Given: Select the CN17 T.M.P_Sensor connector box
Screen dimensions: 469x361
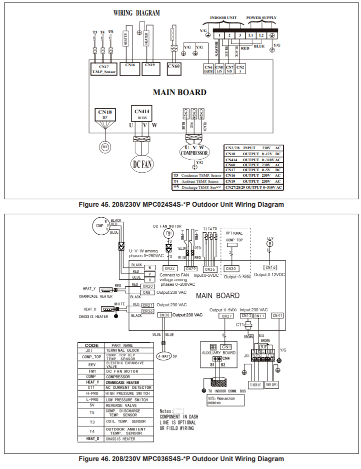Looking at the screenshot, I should click(103, 69).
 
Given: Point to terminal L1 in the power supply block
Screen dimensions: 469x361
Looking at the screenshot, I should click(250, 35).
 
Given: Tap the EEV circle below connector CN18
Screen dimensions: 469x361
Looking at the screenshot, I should click(105, 147).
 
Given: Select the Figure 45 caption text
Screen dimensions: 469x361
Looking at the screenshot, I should click(180, 204).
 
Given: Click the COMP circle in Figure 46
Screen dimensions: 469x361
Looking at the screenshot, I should click(99, 226).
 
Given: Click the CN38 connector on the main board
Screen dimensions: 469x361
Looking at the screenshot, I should click(164, 315).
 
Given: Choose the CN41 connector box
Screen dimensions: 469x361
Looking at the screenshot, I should click(277, 315).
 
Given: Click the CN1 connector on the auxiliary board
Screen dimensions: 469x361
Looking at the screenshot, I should click(226, 346).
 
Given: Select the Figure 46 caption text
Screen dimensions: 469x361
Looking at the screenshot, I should click(180, 458).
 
